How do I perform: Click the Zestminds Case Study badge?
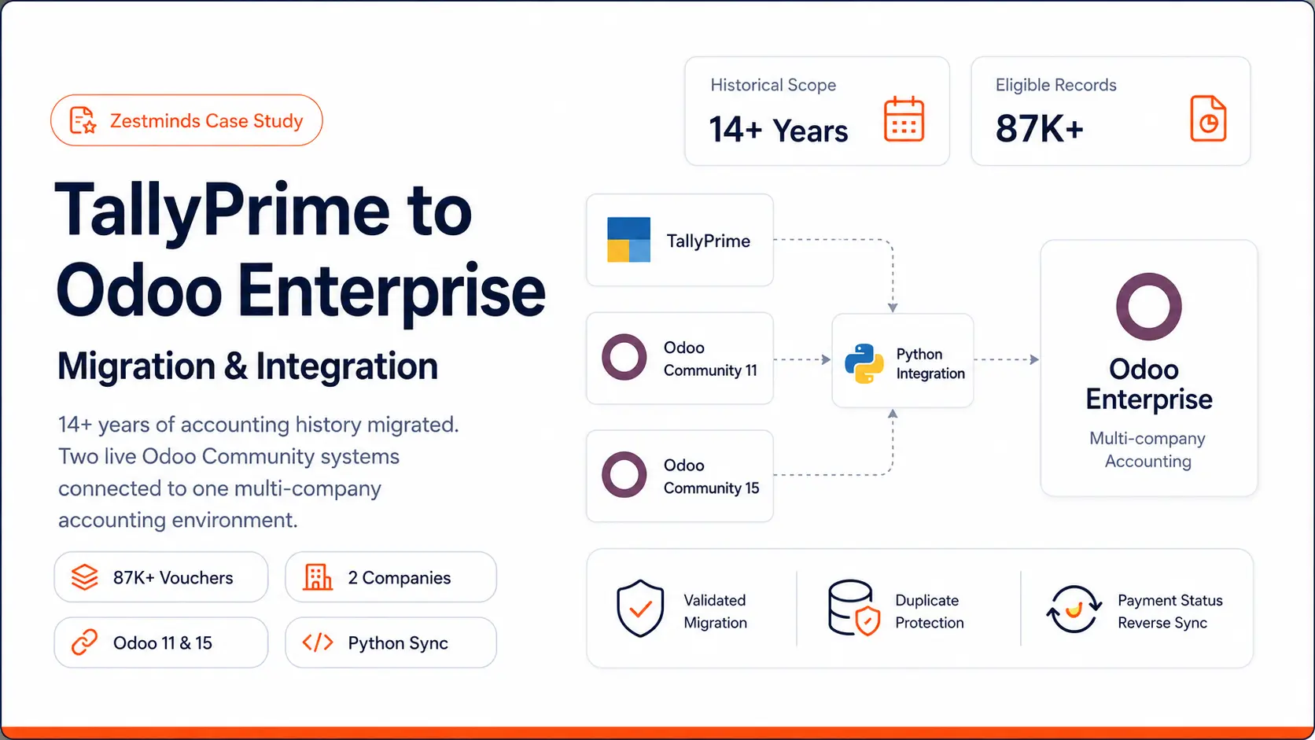coord(186,120)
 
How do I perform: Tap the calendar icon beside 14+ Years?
coord(904,119)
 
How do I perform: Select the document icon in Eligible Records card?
coord(1208,119)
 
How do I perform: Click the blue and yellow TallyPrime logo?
coord(628,239)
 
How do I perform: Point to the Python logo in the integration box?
coord(864,363)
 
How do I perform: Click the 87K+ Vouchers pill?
coord(161,577)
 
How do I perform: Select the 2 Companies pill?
coord(391,577)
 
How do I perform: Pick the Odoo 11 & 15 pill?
coord(161,642)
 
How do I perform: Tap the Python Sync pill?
coord(391,642)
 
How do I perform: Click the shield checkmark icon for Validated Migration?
coord(640,609)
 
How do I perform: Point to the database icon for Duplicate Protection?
coord(853,609)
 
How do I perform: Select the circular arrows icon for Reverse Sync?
coord(1074,609)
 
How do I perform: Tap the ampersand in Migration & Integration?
coord(235,366)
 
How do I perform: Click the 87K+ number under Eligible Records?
coord(1039,128)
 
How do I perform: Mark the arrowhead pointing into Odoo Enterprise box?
coord(1034,359)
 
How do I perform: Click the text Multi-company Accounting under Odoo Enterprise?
coord(1147,450)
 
